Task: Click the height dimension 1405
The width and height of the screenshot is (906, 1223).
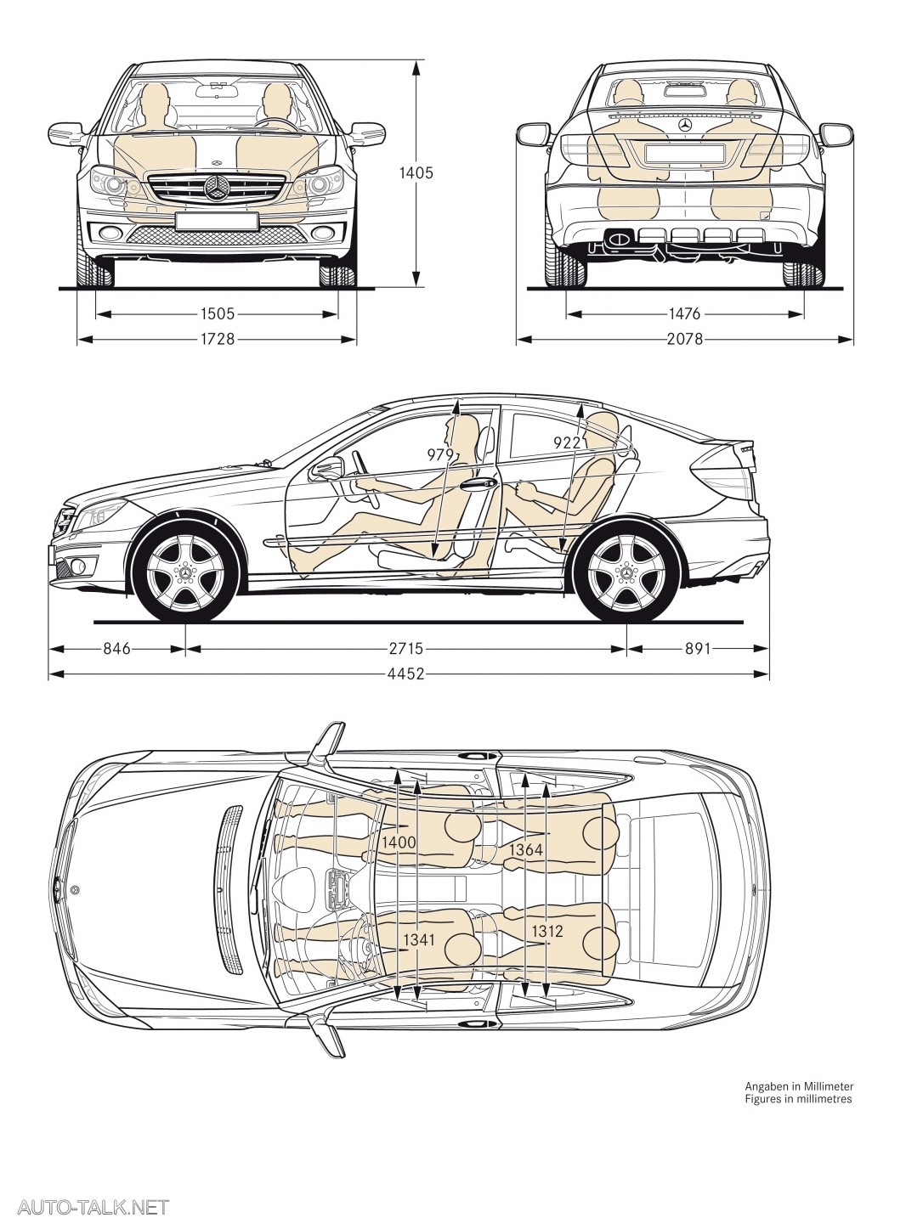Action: pyautogui.click(x=416, y=173)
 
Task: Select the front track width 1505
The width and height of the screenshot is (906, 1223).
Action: pyautogui.click(x=218, y=314)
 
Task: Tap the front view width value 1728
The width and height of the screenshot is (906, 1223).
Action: pyautogui.click(x=218, y=340)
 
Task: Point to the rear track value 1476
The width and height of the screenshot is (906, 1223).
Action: pyautogui.click(x=684, y=314)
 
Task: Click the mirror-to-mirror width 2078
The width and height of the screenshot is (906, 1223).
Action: pyautogui.click(x=684, y=340)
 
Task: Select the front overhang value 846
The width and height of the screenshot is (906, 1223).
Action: pyautogui.click(x=116, y=649)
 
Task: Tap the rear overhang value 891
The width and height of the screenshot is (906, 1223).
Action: pyautogui.click(x=697, y=649)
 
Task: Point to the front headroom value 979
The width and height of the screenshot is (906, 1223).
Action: pyautogui.click(x=441, y=455)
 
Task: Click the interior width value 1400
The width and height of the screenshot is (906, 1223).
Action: pyautogui.click(x=398, y=843)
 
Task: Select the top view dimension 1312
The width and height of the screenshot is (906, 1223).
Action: pyautogui.click(x=547, y=932)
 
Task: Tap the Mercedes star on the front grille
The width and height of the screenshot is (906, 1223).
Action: pyautogui.click(x=217, y=189)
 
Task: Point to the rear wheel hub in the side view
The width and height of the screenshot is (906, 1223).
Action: pyautogui.click(x=626, y=573)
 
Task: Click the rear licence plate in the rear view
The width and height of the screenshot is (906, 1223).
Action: pyautogui.click(x=685, y=154)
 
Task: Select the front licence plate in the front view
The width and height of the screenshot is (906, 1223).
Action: pyautogui.click(x=217, y=222)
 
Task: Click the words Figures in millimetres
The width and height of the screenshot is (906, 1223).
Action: pyautogui.click(x=798, y=1098)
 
